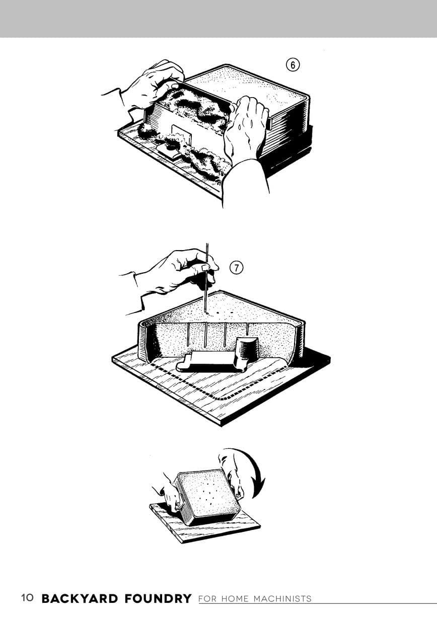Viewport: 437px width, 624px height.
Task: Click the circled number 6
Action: pos(293,65)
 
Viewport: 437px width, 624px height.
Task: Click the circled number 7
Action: pos(236,268)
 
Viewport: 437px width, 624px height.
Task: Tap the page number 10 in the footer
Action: pos(27,598)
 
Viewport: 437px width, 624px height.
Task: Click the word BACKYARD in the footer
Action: pos(80,598)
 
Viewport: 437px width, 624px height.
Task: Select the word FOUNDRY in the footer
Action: pos(158,598)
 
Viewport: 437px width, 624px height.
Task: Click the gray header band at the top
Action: pos(218,19)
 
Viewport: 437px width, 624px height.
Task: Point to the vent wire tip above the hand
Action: pos(207,244)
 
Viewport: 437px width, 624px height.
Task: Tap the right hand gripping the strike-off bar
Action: pos(245,128)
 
